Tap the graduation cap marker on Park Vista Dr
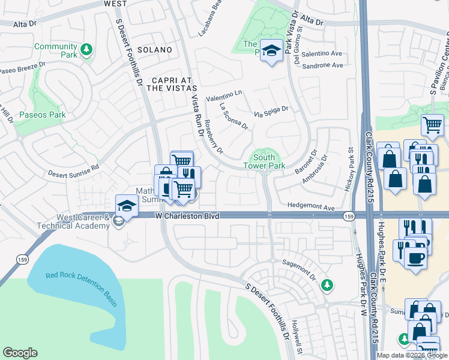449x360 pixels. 272,51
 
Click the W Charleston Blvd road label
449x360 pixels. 186,215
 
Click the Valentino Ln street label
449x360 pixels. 223,94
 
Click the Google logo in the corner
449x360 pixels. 20,353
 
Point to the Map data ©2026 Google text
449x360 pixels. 411,355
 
